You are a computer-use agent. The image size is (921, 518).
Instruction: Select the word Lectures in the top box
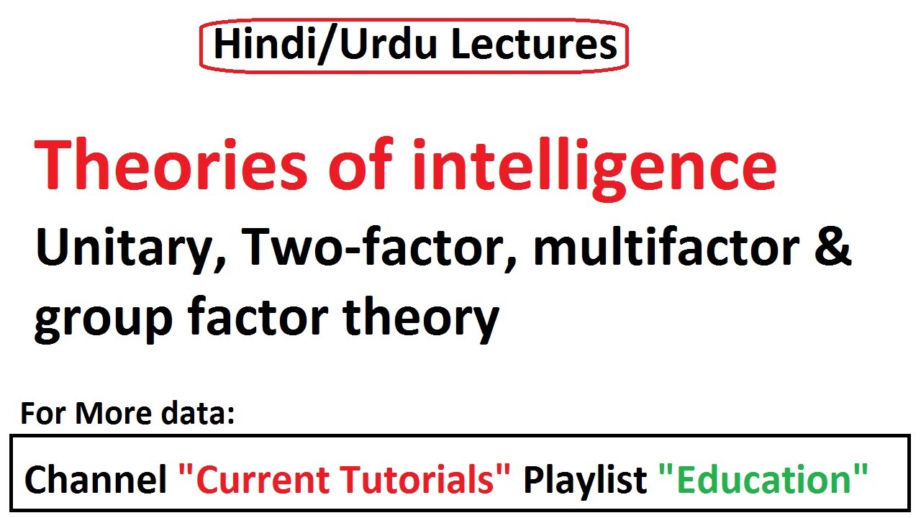[x=534, y=45]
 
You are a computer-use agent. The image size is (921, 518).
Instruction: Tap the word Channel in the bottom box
[x=96, y=479]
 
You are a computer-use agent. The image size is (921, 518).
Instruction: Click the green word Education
[x=763, y=479]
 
